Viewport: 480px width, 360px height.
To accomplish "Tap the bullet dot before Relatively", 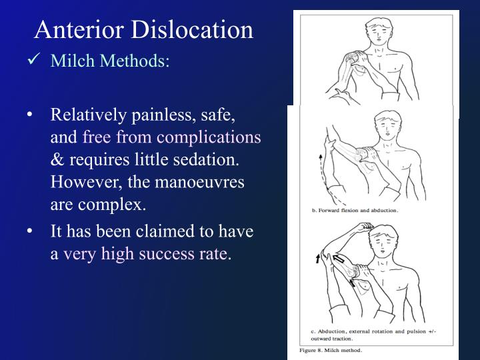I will [31, 115].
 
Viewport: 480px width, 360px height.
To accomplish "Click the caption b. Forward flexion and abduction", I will [355, 210].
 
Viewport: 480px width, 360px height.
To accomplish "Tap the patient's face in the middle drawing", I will [386, 129].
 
